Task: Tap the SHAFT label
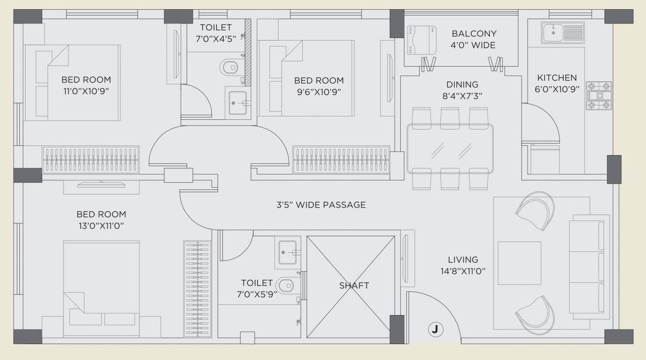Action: click(353, 286)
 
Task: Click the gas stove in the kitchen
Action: click(599, 96)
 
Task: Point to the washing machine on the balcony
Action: click(421, 41)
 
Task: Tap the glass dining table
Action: click(450, 148)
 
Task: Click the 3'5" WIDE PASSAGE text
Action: click(321, 205)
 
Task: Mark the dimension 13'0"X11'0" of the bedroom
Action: click(101, 225)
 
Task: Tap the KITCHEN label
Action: click(557, 77)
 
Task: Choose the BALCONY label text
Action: click(474, 34)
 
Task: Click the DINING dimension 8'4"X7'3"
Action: click(462, 96)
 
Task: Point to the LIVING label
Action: click(462, 259)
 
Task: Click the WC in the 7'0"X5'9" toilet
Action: click(289, 286)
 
